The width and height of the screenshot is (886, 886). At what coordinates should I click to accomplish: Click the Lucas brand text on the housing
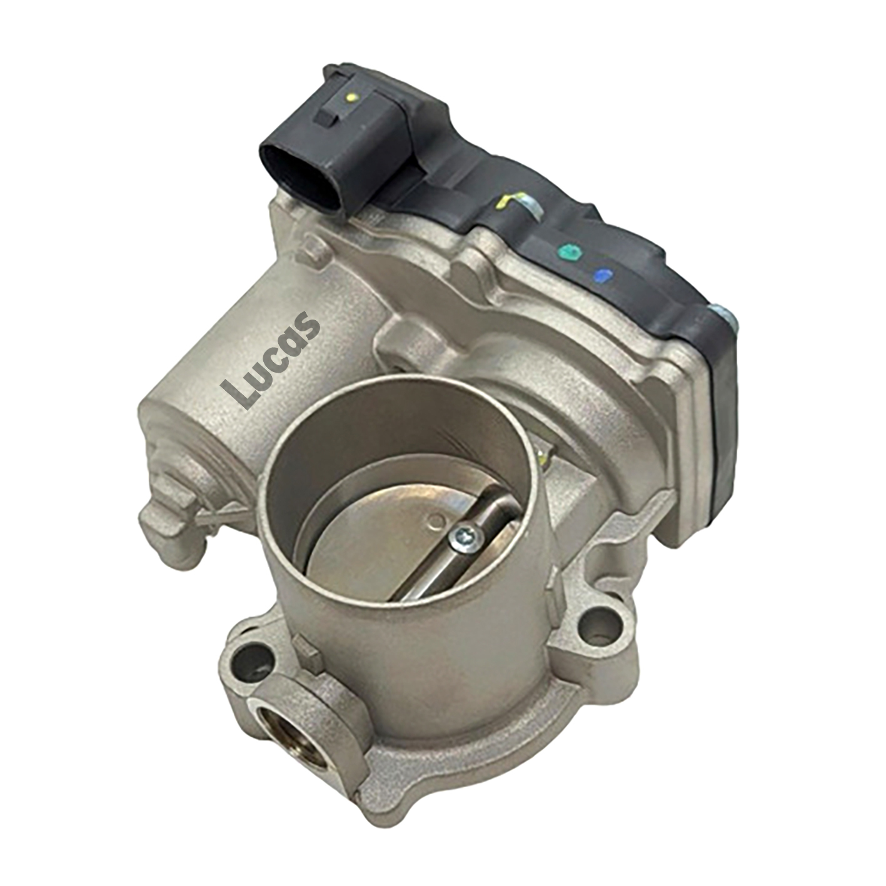pos(270,360)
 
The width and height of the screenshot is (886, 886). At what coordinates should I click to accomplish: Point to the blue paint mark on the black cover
pos(602,275)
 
